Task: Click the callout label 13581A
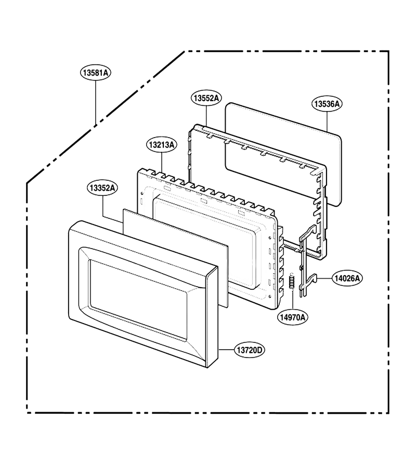(x=96, y=72)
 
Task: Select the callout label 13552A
(x=206, y=98)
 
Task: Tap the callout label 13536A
(x=327, y=104)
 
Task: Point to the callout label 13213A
(x=162, y=145)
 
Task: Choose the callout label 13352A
(x=102, y=188)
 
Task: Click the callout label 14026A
(x=347, y=278)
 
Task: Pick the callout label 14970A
(x=293, y=317)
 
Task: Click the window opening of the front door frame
(x=138, y=300)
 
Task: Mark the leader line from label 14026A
(x=324, y=278)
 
